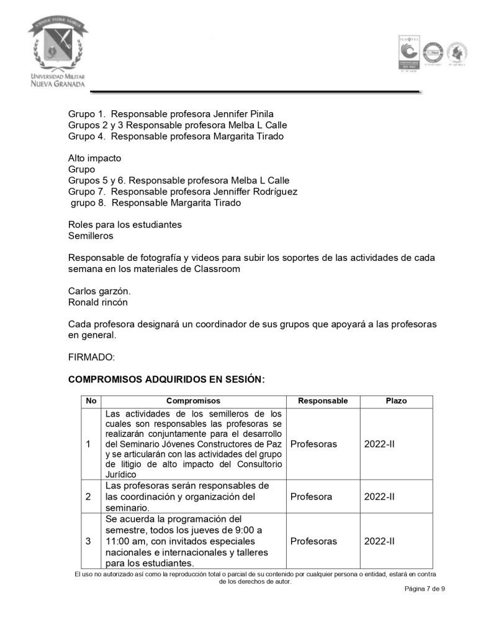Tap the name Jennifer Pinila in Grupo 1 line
[x=243, y=114]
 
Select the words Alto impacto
[x=94, y=158]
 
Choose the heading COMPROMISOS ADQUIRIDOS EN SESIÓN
[x=166, y=379]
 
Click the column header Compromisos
[x=193, y=401]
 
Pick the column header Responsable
[x=323, y=401]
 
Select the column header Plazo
[x=396, y=401]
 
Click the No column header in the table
[x=91, y=401]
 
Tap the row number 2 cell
[x=88, y=496]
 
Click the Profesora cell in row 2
[x=311, y=496]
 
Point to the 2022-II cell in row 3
[x=379, y=541]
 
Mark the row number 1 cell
[x=88, y=444]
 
